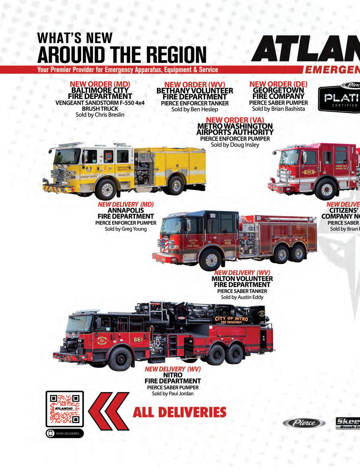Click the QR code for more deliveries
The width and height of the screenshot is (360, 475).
click(x=65, y=409)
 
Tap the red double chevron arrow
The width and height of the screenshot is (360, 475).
click(x=108, y=412)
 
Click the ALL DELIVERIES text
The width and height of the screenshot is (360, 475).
click(x=179, y=412)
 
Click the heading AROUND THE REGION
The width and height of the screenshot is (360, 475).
click(x=122, y=55)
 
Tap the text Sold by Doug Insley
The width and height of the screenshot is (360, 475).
click(x=235, y=145)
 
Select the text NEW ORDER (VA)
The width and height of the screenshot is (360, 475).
click(x=235, y=120)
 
